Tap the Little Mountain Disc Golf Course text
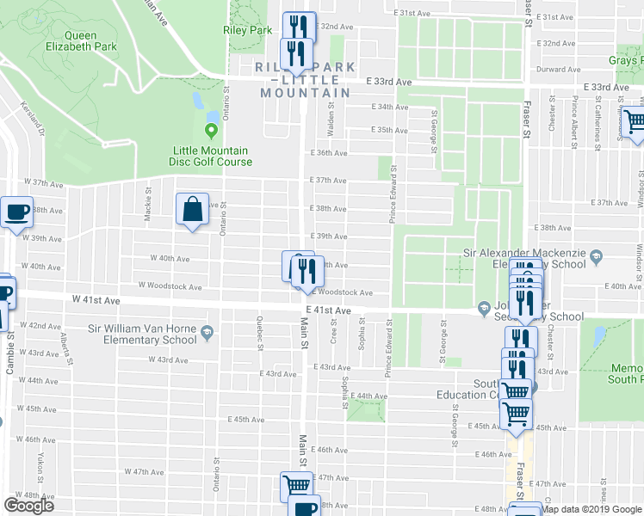click(211, 156)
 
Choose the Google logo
click(28, 506)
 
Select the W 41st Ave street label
click(93, 298)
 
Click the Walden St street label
click(330, 109)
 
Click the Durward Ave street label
click(554, 70)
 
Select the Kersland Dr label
click(37, 120)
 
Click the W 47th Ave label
click(144, 471)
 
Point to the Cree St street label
click(333, 329)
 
